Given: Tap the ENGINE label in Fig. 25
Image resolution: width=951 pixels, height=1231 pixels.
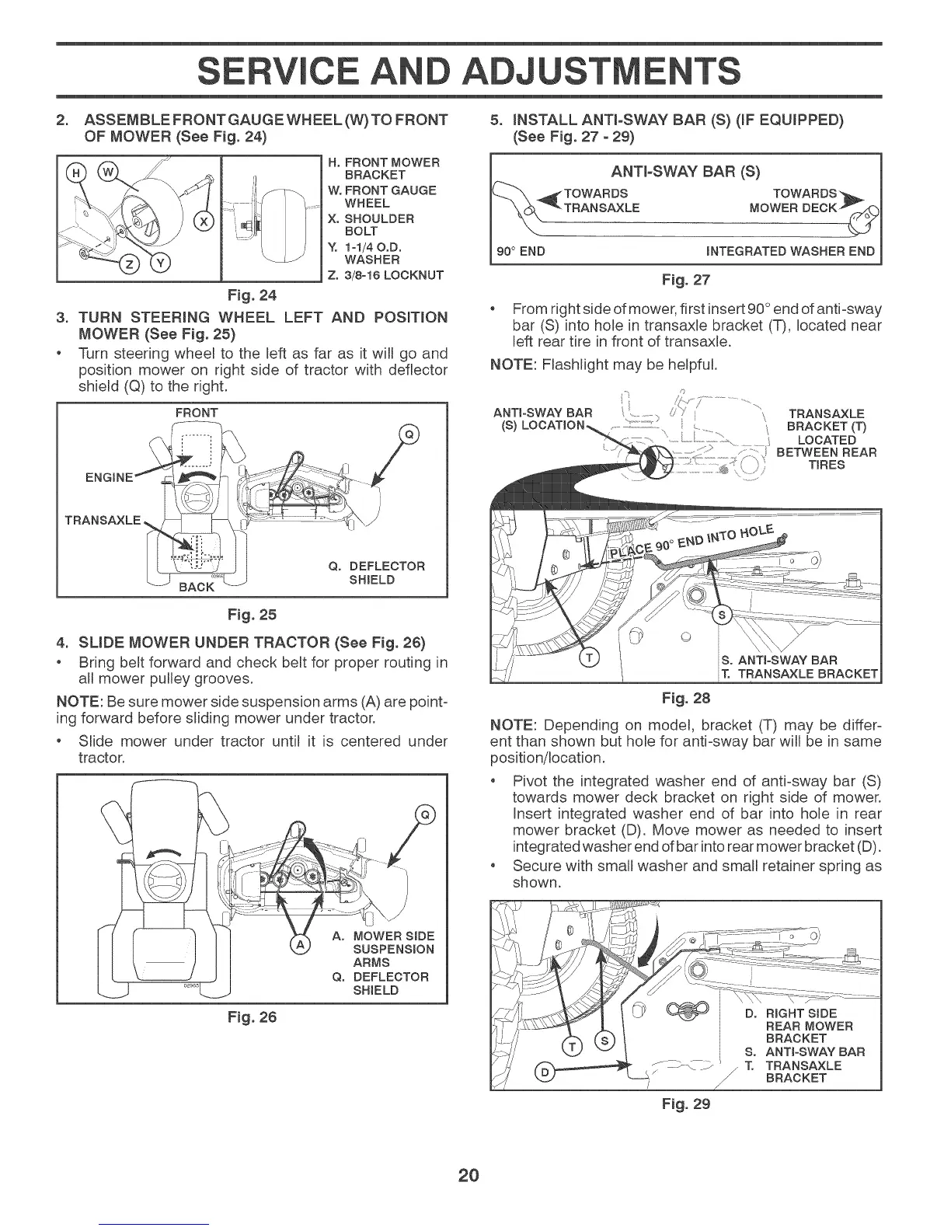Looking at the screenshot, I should pyautogui.click(x=113, y=476).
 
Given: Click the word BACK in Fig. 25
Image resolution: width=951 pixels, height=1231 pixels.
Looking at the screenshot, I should pyautogui.click(x=196, y=587).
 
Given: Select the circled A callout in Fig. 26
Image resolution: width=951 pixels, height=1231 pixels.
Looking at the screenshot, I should pyautogui.click(x=300, y=944).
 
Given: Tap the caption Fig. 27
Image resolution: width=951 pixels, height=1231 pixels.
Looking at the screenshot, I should pyautogui.click(x=685, y=280).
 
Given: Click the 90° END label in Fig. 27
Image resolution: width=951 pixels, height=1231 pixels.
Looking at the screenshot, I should pyautogui.click(x=521, y=251).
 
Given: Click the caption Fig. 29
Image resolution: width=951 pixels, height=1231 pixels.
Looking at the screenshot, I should pyautogui.click(x=685, y=1104).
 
